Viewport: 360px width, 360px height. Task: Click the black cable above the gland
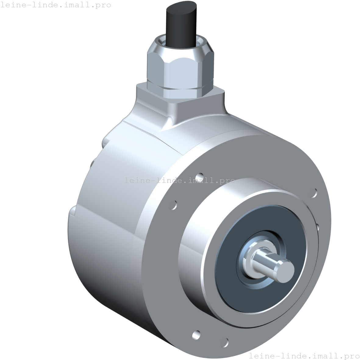(180, 27)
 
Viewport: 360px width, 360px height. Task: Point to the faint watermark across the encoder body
(180, 180)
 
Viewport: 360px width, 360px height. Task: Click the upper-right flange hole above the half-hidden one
(313, 193)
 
